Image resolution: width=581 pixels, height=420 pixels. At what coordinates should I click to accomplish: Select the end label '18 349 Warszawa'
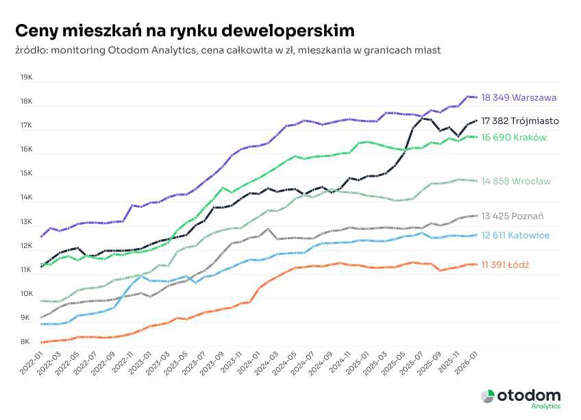[519, 98]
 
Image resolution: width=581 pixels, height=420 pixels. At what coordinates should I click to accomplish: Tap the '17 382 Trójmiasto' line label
[520, 121]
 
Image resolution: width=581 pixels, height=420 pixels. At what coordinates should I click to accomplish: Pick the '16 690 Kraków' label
[514, 138]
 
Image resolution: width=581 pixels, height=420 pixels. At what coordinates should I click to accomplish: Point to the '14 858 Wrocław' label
[516, 182]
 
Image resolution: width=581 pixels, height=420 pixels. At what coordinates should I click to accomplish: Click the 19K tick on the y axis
[27, 77]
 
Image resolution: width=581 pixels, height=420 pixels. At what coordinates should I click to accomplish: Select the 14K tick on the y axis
[27, 198]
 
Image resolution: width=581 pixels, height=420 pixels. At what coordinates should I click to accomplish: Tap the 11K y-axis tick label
[27, 270]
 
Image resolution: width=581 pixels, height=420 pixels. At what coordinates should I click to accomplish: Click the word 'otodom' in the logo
[529, 396]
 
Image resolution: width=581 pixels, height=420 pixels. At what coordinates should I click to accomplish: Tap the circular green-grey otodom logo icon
[488, 396]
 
